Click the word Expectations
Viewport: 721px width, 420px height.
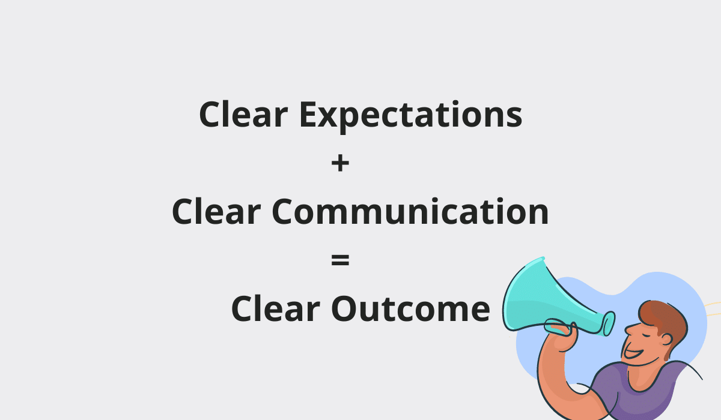[411, 116]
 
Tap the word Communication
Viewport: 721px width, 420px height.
[410, 211]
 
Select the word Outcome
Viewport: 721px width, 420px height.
[410, 308]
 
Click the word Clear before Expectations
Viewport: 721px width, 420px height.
[243, 114]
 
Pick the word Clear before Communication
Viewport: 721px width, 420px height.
[216, 211]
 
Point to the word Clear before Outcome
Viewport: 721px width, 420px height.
[276, 308]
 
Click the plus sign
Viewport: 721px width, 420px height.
[340, 163]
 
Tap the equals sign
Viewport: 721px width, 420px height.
[340, 260]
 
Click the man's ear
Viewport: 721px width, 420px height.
[666, 340]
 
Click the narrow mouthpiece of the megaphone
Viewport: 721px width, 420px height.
[607, 324]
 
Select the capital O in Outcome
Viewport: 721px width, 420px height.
[345, 308]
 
